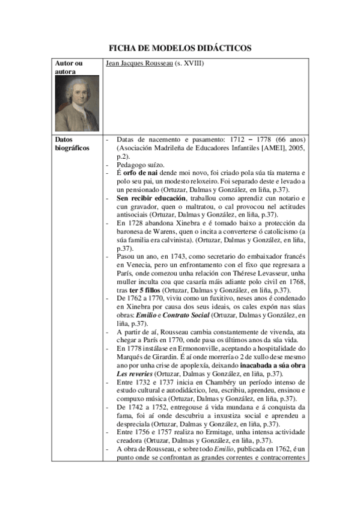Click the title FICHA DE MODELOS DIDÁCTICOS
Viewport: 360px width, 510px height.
click(x=179, y=48)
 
